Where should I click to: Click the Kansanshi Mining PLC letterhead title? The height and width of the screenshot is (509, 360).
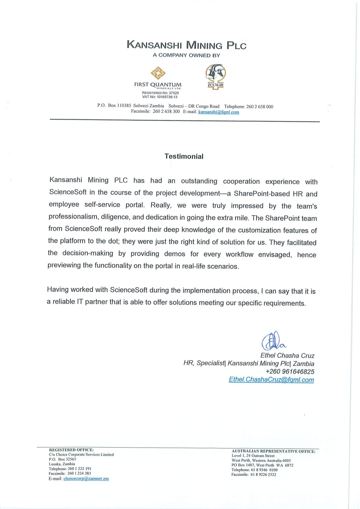[186, 45]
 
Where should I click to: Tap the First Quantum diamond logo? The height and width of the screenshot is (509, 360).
[158, 73]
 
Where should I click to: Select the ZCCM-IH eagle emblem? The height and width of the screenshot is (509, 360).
[215, 73]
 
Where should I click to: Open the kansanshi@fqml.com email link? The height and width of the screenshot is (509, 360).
[218, 112]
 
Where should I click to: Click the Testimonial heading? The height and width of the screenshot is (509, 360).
[184, 156]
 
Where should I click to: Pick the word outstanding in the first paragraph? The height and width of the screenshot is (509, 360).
[199, 181]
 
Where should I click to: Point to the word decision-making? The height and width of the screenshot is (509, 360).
[88, 253]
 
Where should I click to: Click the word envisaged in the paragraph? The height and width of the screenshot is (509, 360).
[275, 255]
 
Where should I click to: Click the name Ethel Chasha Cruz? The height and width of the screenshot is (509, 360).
[287, 356]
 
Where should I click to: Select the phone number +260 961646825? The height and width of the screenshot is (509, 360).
[290, 372]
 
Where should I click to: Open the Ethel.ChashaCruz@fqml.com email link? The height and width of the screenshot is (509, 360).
[271, 380]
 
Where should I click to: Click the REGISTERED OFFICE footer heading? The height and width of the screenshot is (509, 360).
[71, 450]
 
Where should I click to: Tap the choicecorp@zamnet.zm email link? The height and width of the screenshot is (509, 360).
[86, 479]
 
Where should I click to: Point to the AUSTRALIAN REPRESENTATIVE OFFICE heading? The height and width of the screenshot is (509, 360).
[273, 451]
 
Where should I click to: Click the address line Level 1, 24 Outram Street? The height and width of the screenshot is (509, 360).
[253, 456]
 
